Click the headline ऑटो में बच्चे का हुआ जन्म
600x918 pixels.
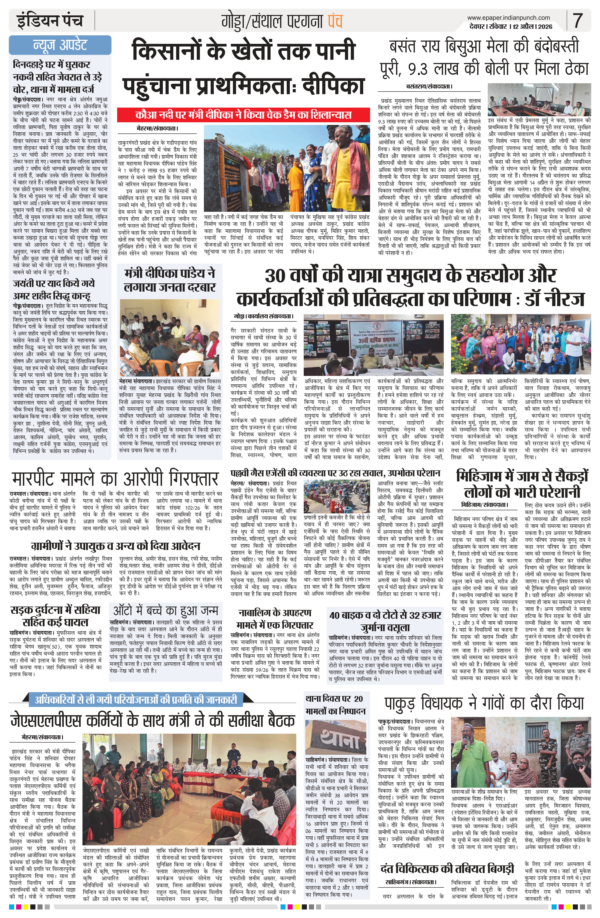tap(166, 611)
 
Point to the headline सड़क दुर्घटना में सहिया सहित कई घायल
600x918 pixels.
tap(56, 616)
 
